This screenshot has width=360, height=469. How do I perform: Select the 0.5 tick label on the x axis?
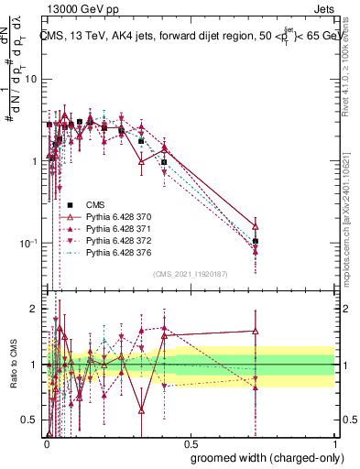(x=190, y=442)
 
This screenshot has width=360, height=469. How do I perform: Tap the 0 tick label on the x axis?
(x=46, y=442)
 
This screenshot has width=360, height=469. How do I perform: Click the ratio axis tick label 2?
(x=35, y=309)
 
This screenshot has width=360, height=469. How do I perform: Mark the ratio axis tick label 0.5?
(x=30, y=420)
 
